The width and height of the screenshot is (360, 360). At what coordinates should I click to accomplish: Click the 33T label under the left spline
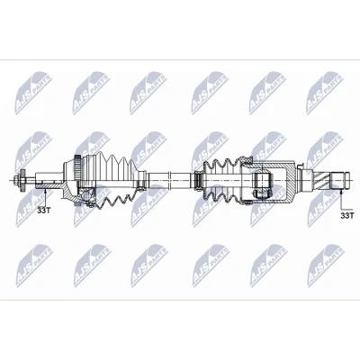pyautogui.click(x=44, y=211)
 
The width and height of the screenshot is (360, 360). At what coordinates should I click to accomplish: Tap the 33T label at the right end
pyautogui.click(x=347, y=215)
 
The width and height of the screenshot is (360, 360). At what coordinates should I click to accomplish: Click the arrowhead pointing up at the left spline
pyautogui.click(x=45, y=192)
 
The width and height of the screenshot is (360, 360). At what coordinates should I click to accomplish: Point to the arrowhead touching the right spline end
pyautogui.click(x=341, y=190)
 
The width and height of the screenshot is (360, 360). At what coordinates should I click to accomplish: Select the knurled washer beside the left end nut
pyautogui.click(x=22, y=181)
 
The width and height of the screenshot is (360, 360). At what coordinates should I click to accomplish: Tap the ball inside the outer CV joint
pyautogui.click(x=86, y=195)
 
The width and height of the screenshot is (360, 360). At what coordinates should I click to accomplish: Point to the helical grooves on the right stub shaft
pyautogui.click(x=321, y=181)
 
